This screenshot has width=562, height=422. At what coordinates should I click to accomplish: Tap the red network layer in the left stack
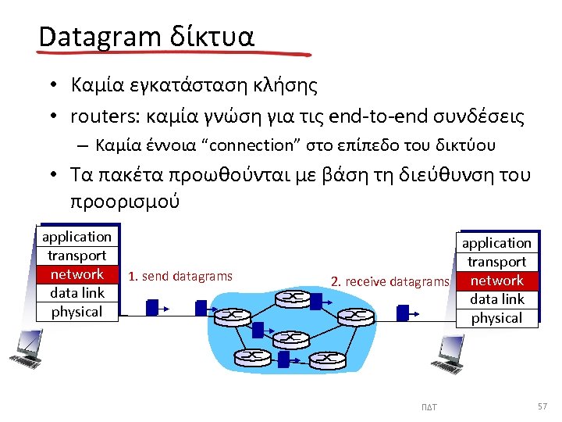[x=76, y=274]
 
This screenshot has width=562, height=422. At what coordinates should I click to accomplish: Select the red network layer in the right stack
[x=496, y=281]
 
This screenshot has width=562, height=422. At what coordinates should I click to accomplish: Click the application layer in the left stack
[x=76, y=237]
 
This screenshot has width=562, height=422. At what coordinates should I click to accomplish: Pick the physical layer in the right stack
[x=496, y=318]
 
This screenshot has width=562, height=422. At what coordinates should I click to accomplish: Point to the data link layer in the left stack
[x=76, y=293]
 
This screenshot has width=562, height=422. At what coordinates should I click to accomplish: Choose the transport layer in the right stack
[x=496, y=262]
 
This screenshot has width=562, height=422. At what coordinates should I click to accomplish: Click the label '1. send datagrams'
[x=180, y=276]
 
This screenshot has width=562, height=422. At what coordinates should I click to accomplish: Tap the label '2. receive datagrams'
[x=389, y=281]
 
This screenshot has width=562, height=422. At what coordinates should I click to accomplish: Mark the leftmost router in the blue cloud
[x=232, y=316]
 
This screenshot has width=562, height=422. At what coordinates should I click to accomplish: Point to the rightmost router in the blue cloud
[x=358, y=316]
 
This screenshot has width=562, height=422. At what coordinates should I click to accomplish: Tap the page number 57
[x=542, y=406]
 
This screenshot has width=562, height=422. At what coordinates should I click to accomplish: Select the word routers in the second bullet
[x=98, y=117]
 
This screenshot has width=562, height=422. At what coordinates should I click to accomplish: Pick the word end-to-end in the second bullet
[x=366, y=117]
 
